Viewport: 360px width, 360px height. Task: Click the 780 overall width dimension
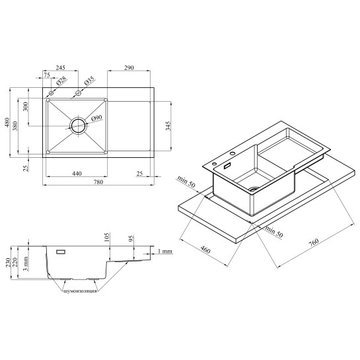(98, 182)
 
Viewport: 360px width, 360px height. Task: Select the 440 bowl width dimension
(77, 174)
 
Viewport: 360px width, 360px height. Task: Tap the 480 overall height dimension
(7, 122)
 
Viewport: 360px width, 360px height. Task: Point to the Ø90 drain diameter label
(96, 118)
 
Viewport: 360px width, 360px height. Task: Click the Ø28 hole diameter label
(61, 81)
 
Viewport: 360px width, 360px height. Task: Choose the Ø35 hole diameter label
(89, 81)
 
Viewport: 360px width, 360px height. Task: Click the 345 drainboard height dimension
(168, 126)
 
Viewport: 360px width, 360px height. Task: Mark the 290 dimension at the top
(129, 68)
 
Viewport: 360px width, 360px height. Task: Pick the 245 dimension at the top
(61, 67)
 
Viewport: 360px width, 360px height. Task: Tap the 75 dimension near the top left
(47, 75)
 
